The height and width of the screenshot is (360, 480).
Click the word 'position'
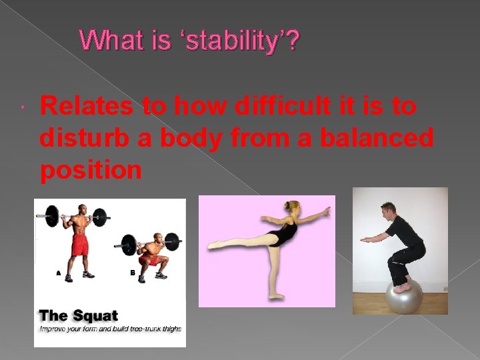[91, 170]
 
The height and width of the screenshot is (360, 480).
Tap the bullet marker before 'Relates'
[23, 107]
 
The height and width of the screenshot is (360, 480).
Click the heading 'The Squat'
[78, 316]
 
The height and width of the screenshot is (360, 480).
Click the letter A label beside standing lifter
[57, 273]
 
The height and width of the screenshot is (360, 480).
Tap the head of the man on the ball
[389, 211]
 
